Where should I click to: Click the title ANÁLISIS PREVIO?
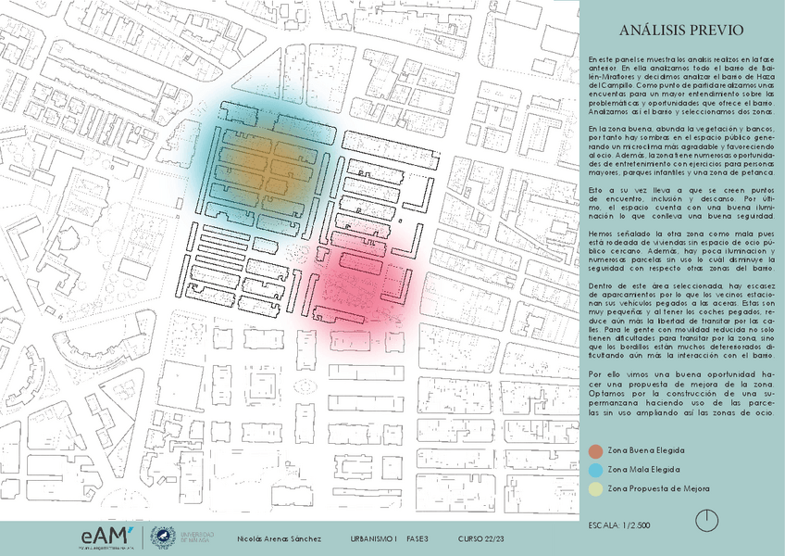pos(681,31)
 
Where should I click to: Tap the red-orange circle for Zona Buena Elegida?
pos(594,451)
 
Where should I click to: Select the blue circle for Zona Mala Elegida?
pos(594,470)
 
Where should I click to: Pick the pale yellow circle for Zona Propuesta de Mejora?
pos(594,488)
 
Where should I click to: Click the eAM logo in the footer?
pos(110,537)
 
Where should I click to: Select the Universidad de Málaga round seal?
pos(163,537)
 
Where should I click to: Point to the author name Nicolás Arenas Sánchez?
pos(279,538)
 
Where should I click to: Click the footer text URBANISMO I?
pos(374,538)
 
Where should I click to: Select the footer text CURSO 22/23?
pos(481,538)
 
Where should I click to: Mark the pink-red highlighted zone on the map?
pos(361,278)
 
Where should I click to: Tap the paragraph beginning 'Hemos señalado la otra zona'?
pos(681,253)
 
